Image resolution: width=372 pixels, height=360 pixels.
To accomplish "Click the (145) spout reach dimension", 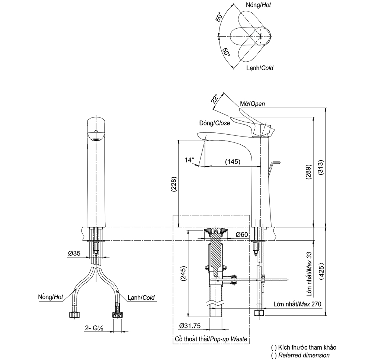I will pos(232,161).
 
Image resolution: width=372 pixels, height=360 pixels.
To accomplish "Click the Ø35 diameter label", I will pos(74,253).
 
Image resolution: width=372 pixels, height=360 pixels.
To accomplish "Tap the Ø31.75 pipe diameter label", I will pos(190,325).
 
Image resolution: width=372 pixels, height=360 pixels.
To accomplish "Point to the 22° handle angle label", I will pos(214,99).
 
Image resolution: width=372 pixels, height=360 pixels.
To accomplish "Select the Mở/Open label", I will pos(252,104).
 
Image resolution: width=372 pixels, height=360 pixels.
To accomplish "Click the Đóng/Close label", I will pos(214,123).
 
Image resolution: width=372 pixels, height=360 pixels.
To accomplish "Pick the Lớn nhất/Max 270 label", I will pos(297,304).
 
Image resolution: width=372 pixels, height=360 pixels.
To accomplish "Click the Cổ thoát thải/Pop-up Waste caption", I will pos(211,339).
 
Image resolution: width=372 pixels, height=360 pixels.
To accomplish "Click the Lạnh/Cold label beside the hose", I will pos(141,298).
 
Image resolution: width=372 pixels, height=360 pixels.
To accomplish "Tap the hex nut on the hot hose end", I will pos(74,315).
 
